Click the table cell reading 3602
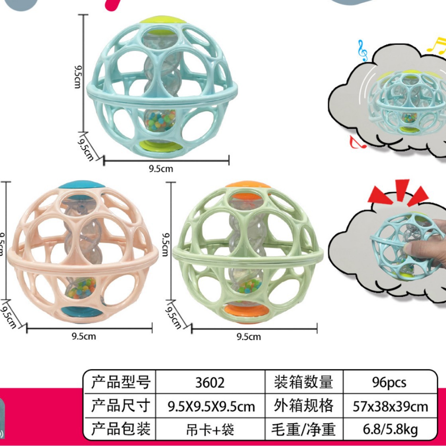coord(210,383)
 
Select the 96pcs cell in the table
coord(389,383)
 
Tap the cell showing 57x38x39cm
coord(391,406)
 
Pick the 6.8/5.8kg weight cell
coord(391,430)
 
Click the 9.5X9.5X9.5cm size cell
coord(210,406)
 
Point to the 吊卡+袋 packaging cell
coord(210,430)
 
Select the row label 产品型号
coord(120,383)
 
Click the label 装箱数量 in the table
coord(303,383)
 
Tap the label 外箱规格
coord(303,406)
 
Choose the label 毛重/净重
coord(303,430)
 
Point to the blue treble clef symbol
coord(363,50)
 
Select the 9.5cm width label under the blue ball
coord(161,169)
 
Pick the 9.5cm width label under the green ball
coord(249,337)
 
